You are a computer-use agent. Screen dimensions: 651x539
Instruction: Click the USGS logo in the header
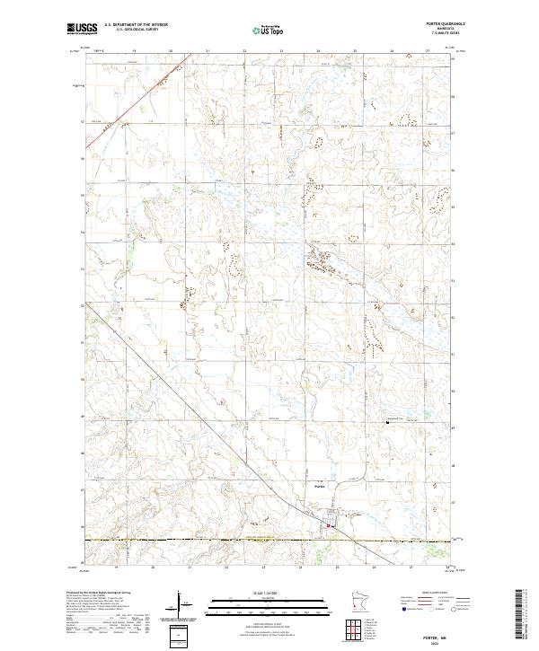[82, 29]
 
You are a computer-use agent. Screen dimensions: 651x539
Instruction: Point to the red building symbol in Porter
[330, 526]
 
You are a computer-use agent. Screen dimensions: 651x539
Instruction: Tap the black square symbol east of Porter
[388, 424]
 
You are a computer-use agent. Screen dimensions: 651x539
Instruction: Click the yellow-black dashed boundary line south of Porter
[225, 539]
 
